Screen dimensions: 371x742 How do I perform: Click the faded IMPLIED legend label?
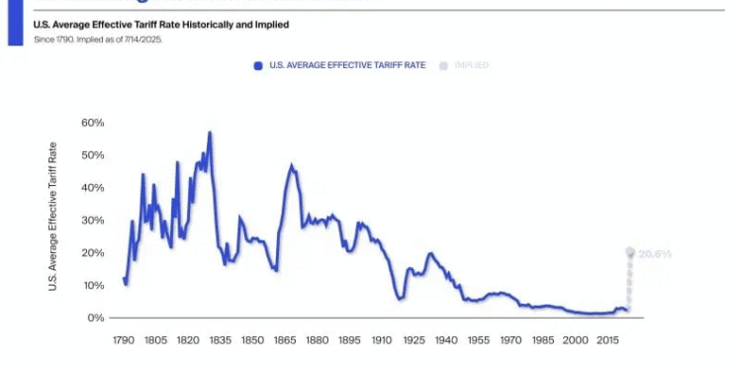(471, 65)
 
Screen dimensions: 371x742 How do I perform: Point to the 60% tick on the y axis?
(92, 123)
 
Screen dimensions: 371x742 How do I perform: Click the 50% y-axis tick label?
(92, 155)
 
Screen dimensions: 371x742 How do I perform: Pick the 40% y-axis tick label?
(92, 188)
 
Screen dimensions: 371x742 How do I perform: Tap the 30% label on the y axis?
(92, 221)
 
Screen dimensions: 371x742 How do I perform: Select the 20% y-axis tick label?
(92, 253)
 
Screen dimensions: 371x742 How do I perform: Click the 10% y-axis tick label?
(92, 286)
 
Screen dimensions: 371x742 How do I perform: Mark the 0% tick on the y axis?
(95, 319)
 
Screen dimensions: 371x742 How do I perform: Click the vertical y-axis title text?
(53, 216)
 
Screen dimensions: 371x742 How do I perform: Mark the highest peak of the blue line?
(209, 133)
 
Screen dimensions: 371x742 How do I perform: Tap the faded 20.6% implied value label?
(655, 254)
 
